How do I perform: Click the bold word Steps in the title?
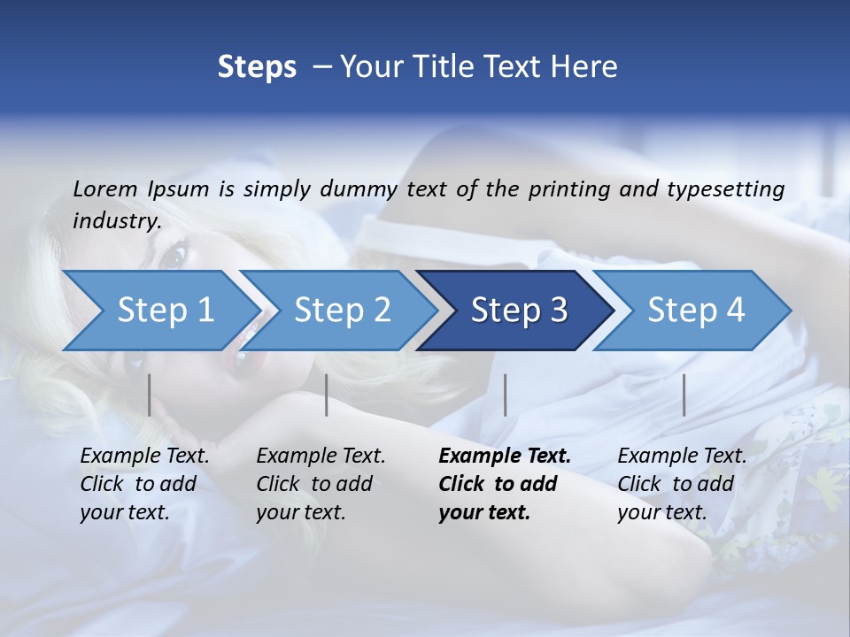click(x=257, y=66)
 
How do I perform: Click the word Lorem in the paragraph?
click(x=104, y=189)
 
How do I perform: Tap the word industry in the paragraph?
click(x=116, y=220)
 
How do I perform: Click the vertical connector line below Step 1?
click(x=149, y=395)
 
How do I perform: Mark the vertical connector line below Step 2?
click(x=327, y=395)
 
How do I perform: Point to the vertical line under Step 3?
click(x=505, y=395)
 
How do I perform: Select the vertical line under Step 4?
click(x=684, y=395)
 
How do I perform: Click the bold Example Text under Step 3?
click(x=505, y=457)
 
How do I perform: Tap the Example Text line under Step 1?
click(x=144, y=457)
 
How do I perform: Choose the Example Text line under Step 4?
click(x=682, y=457)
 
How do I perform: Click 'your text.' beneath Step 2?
click(x=300, y=512)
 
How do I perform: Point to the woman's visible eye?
click(x=174, y=256)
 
